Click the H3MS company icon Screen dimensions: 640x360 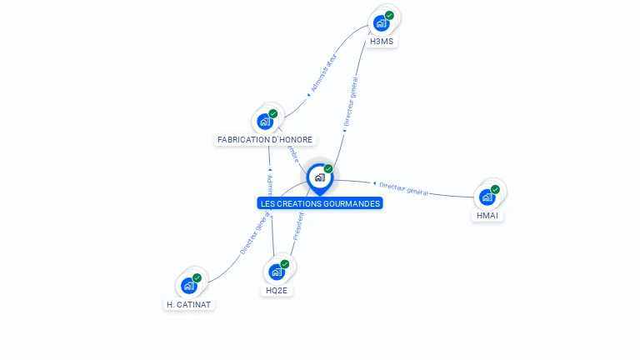point(382,23)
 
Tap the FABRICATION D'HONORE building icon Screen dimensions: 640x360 point(265,122)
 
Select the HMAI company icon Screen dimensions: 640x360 point(487,197)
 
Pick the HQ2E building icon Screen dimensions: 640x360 point(277,272)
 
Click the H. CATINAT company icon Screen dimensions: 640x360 point(189,286)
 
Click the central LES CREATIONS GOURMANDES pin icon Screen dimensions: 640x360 point(319,177)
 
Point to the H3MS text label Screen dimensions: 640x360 point(382,41)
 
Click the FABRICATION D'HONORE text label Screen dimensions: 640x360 point(265,140)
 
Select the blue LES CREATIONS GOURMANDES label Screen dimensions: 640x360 point(320,203)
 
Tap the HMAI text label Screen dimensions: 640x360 point(488,216)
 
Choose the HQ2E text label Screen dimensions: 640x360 point(277,291)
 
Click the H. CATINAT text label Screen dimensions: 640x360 point(188,304)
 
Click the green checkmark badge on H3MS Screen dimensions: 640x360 point(389,15)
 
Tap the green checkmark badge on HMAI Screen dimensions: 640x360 point(495,189)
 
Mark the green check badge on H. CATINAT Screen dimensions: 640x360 point(197,277)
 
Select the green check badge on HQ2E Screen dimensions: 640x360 point(284,263)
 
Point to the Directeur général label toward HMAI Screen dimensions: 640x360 point(403,188)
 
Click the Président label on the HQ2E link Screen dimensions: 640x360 point(297,226)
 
